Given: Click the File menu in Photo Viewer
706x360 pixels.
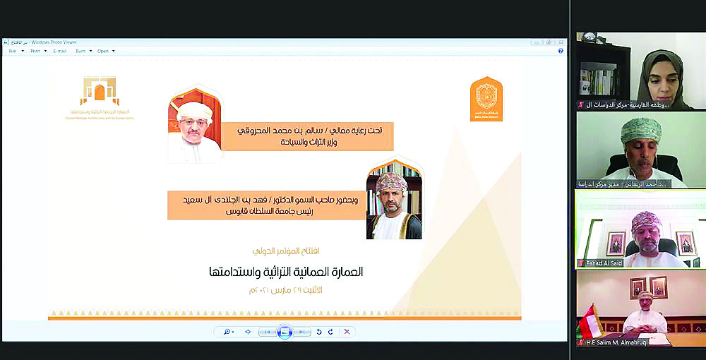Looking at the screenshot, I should coord(12,51).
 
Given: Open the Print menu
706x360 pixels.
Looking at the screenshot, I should coord(35,51).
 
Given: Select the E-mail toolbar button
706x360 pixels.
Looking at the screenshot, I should coord(60,51).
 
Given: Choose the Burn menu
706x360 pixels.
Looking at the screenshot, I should coord(81,51).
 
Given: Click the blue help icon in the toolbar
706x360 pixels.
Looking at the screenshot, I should coord(561,51).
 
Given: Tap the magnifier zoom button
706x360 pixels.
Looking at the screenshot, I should coord(228,331).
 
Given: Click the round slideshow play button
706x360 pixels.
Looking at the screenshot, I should coord(285,331).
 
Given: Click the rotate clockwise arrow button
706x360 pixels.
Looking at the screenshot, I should coord(330,331).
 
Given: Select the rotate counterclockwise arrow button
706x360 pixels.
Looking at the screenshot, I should coord(318,331).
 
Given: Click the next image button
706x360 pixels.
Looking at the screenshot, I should coord(301,331).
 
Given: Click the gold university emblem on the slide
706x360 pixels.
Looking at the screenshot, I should coord(486,99).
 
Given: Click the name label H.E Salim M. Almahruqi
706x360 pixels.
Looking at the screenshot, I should coord(621,342).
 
